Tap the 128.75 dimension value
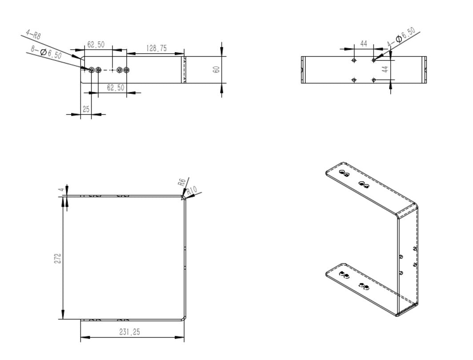click(x=156, y=48)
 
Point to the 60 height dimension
click(x=216, y=69)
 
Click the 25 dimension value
click(x=86, y=109)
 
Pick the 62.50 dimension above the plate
click(x=96, y=44)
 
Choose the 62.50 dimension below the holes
click(x=116, y=88)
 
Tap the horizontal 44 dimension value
click(x=364, y=44)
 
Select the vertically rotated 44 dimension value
click(x=385, y=69)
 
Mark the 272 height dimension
click(x=57, y=258)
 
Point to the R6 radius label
click(x=181, y=182)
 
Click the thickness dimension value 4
click(x=61, y=190)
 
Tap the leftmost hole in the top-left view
click(x=92, y=70)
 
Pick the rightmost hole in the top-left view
click(x=127, y=70)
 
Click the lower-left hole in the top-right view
click(x=354, y=80)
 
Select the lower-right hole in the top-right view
click(x=373, y=80)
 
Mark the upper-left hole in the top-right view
click(x=354, y=60)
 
